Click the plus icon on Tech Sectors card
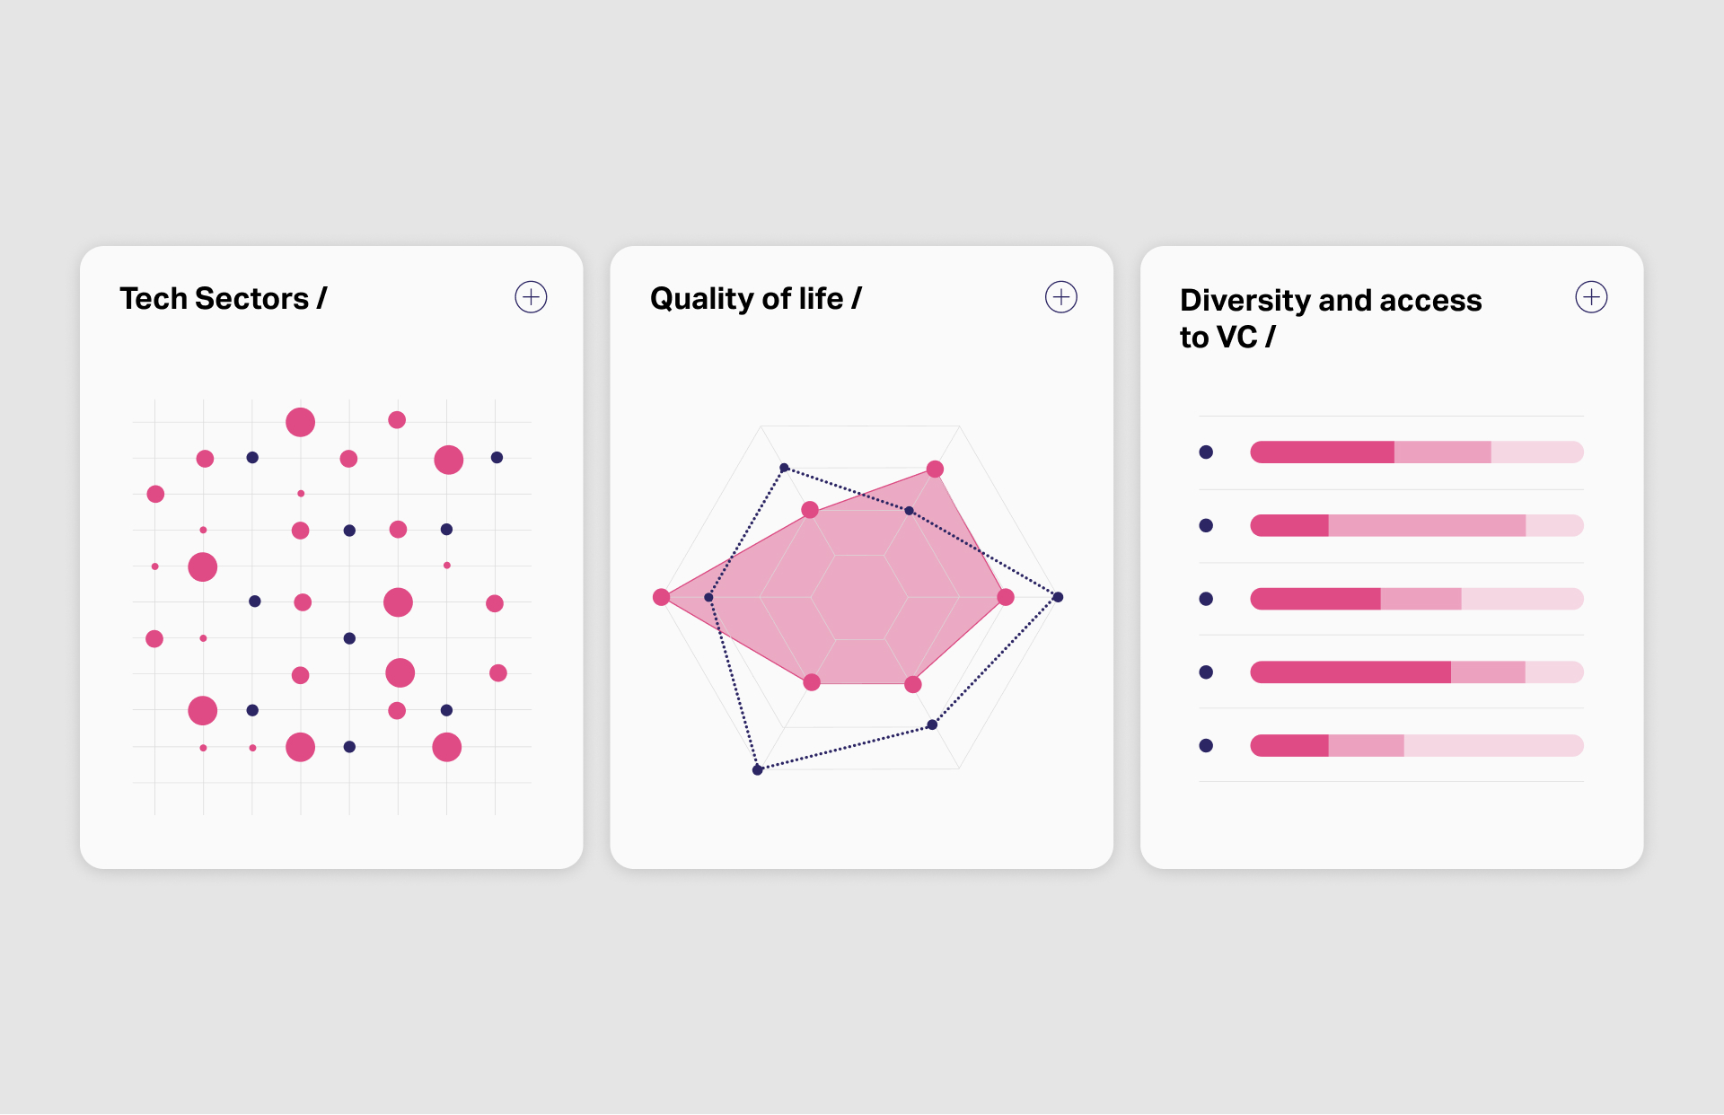[531, 297]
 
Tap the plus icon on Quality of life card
[1060, 297]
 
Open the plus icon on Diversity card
[1591, 297]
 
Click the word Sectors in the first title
[251, 299]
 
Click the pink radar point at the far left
[662, 597]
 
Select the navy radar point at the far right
[1058, 597]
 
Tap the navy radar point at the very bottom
[758, 769]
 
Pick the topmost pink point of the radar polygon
[935, 469]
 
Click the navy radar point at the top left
[784, 468]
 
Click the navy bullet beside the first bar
[1206, 452]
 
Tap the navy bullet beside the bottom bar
[1206, 745]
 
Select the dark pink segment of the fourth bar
[1350, 672]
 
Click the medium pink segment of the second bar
[1426, 526]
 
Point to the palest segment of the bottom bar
[1492, 745]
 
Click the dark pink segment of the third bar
[1315, 599]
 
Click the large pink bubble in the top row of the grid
[300, 422]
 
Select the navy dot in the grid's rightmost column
[497, 458]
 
